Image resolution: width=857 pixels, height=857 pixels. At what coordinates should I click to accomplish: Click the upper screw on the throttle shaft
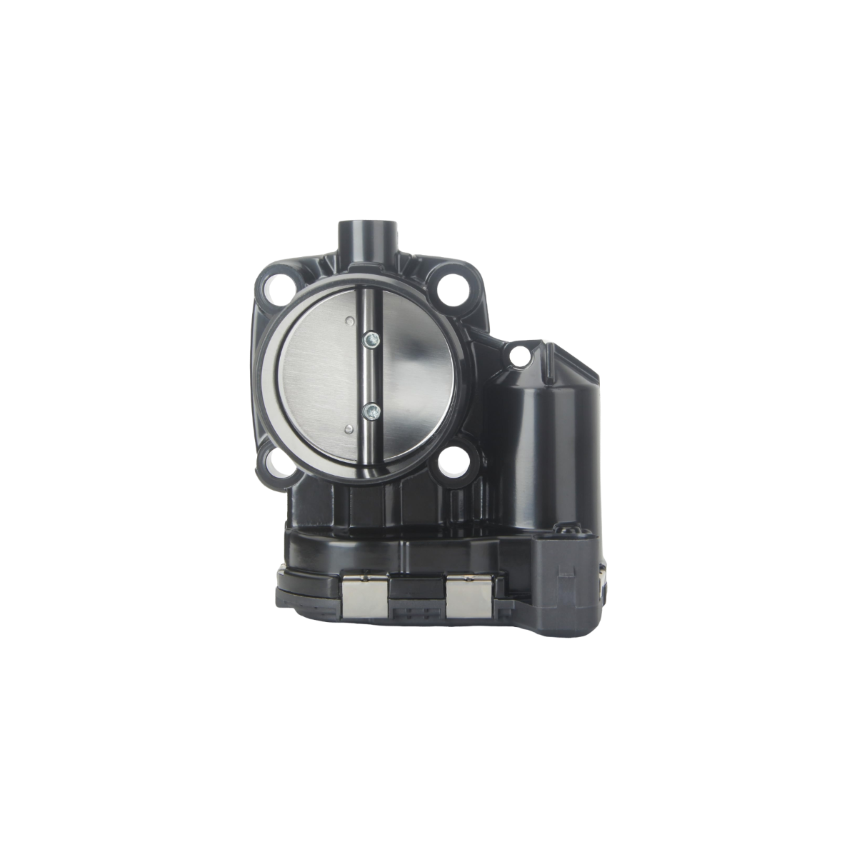371,340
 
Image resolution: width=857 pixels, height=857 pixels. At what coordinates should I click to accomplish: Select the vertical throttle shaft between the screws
371,375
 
